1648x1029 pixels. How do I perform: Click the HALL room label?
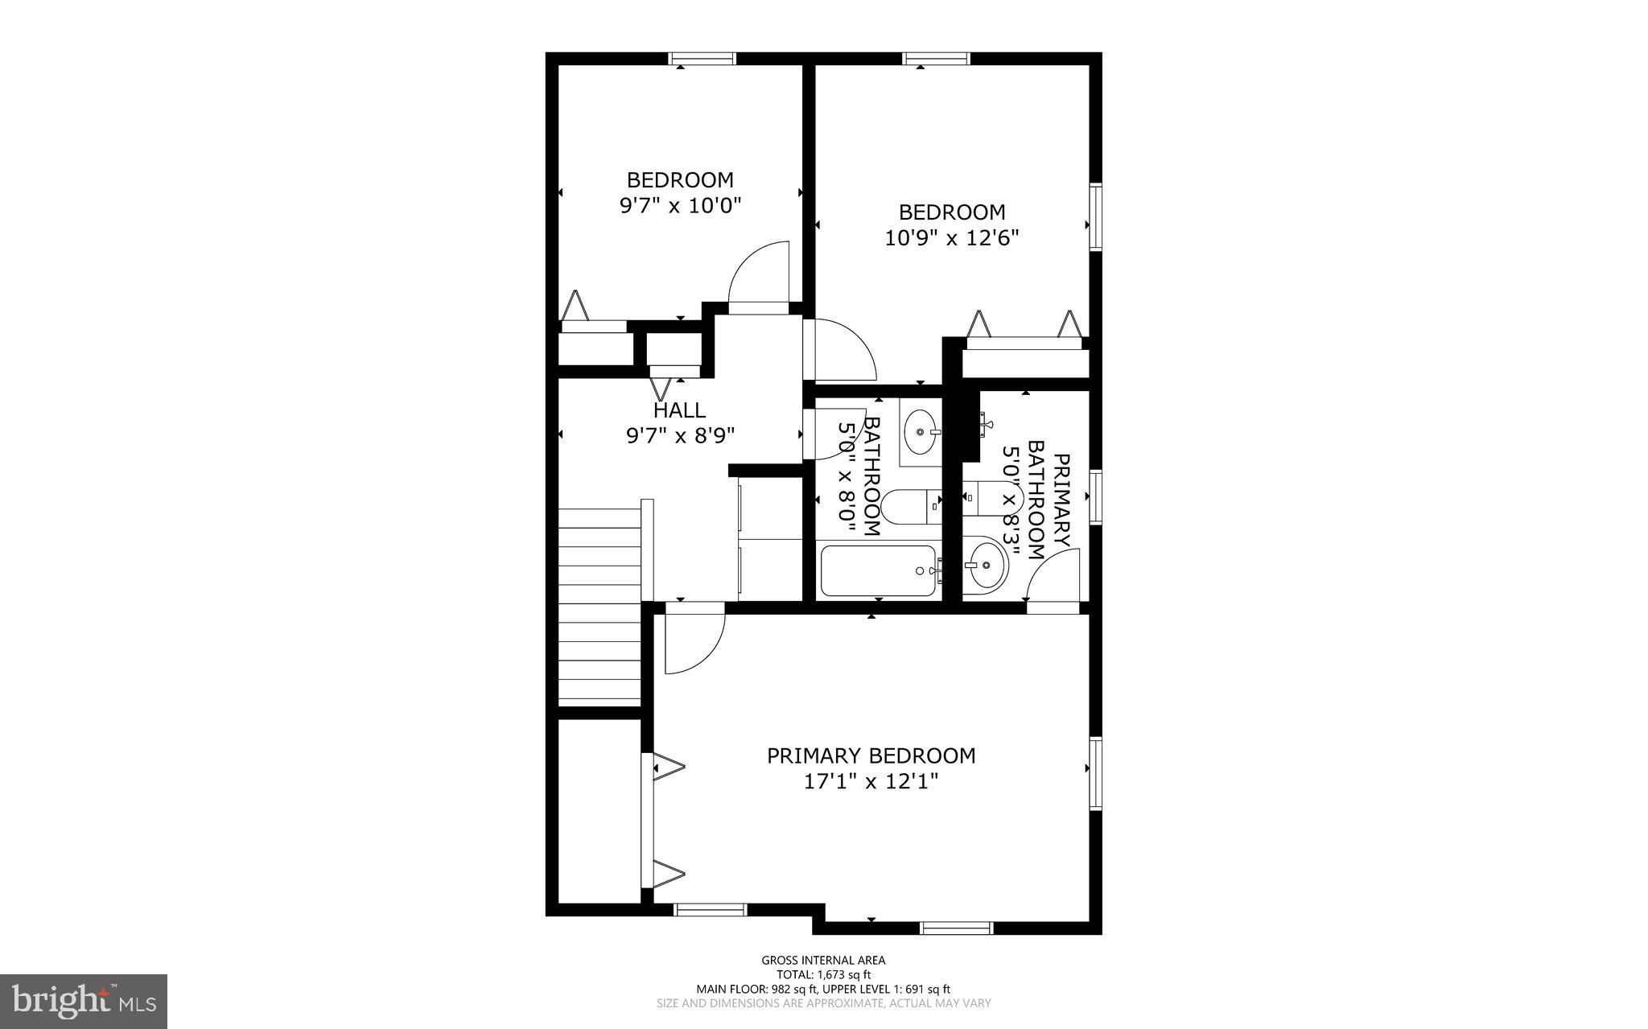(x=680, y=410)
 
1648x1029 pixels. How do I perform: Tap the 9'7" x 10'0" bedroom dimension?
(x=680, y=205)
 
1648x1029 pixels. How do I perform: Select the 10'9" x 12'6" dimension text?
(x=952, y=238)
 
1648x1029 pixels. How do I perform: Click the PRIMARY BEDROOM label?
(x=871, y=756)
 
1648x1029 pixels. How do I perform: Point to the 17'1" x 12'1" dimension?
(x=871, y=781)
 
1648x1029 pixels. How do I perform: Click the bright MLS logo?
(x=84, y=1001)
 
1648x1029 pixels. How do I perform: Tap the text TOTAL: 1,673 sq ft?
(x=823, y=974)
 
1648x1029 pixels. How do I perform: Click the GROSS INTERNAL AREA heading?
(x=823, y=960)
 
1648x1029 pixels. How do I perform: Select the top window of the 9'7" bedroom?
(x=702, y=58)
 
